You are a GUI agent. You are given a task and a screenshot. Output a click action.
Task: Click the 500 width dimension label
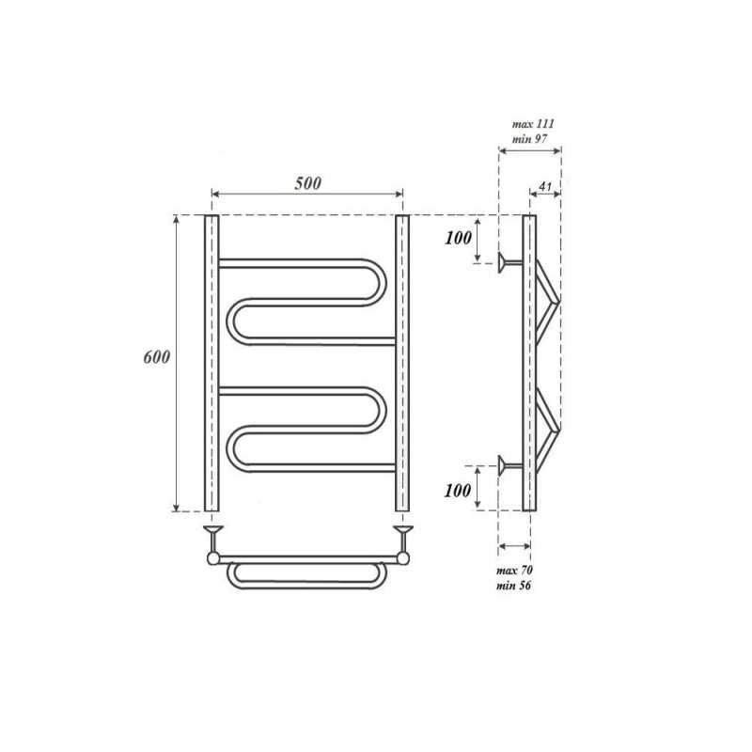(308, 183)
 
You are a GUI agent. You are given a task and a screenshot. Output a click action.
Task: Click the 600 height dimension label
(157, 357)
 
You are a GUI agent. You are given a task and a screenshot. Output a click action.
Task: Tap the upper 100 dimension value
(458, 238)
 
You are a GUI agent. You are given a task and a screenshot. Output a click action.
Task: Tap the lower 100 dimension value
(458, 490)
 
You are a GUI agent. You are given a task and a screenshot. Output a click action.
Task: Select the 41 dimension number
(545, 186)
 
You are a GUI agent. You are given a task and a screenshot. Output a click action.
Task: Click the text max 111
(533, 124)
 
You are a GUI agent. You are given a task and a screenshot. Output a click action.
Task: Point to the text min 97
(529, 139)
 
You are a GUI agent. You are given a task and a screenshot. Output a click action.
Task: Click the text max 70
(514, 571)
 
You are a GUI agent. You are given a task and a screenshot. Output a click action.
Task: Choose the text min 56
(513, 586)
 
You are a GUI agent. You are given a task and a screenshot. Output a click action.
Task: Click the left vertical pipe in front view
(211, 363)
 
